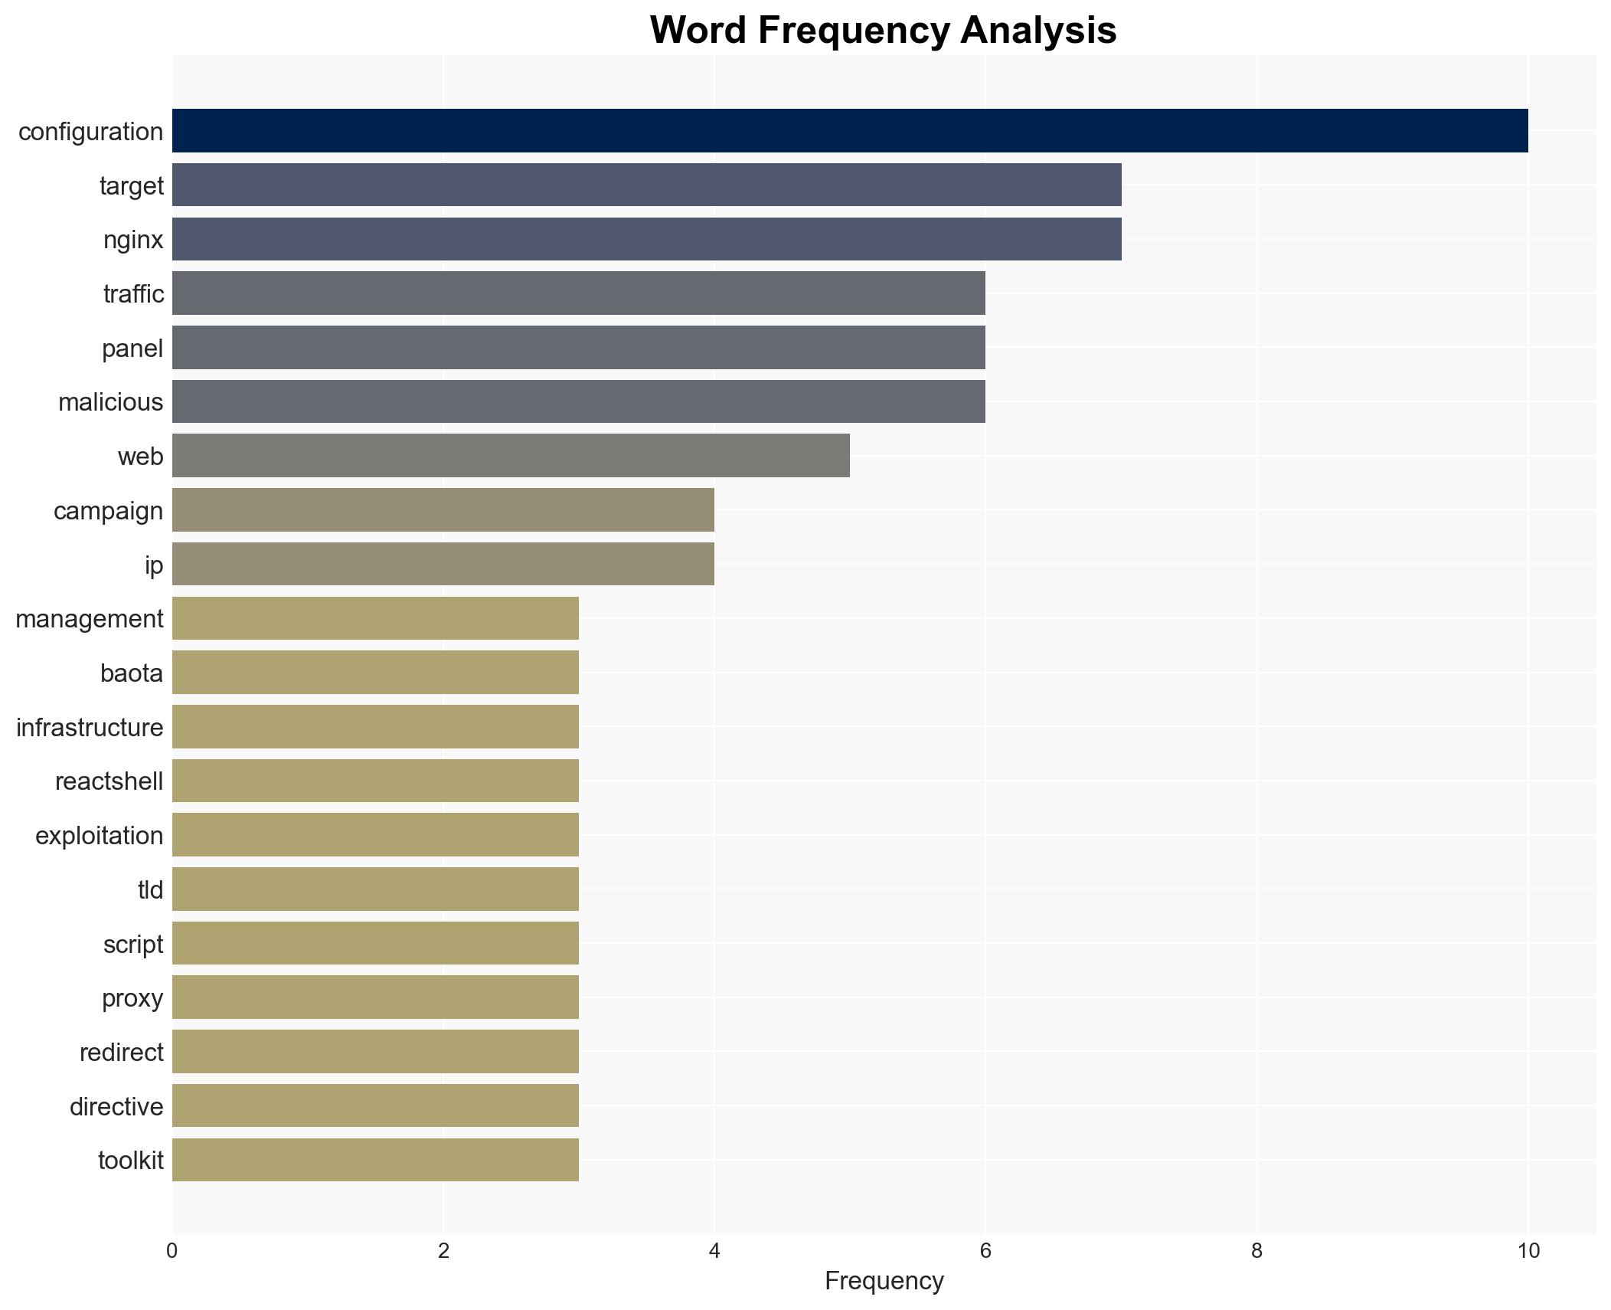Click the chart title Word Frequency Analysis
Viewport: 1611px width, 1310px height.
(x=883, y=31)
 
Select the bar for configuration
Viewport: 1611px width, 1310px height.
(x=850, y=131)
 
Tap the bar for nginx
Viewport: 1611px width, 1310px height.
(x=646, y=239)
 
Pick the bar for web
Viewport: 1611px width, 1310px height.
(x=511, y=456)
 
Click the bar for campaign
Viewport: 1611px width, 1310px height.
(x=443, y=510)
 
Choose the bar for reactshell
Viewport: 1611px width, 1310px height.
(x=375, y=781)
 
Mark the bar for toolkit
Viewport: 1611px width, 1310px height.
(x=375, y=1160)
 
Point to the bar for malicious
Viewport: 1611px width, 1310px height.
(x=578, y=401)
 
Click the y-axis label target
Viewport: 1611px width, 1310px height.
(x=132, y=186)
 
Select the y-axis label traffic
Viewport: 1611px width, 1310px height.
(x=133, y=294)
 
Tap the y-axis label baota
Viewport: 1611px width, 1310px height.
(x=132, y=673)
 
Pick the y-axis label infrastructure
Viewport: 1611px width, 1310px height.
(x=90, y=728)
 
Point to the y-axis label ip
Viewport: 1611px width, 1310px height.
(x=154, y=565)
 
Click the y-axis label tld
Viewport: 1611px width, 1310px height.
(x=151, y=890)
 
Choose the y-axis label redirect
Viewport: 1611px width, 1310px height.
(x=121, y=1053)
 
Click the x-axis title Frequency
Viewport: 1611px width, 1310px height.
(x=884, y=1281)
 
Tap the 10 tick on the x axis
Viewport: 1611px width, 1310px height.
(x=1528, y=1251)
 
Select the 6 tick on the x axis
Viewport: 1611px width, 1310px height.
(x=985, y=1251)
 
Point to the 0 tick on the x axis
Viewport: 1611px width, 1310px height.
(x=172, y=1251)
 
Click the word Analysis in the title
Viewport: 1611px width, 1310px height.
(x=1038, y=31)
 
